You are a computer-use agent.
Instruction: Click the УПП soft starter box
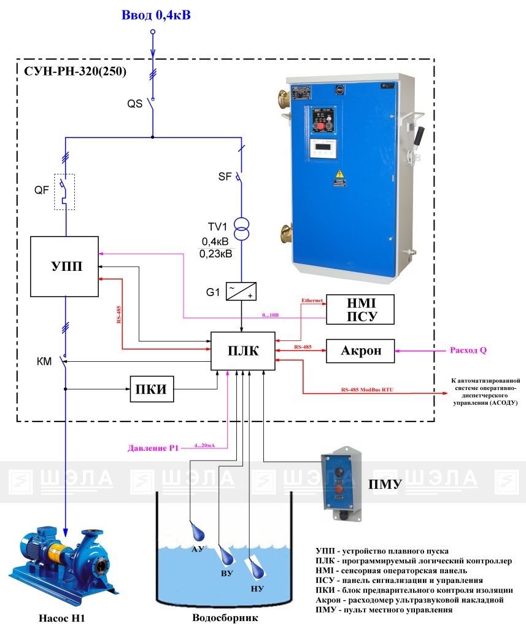coord(64,267)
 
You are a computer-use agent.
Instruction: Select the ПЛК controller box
coord(244,351)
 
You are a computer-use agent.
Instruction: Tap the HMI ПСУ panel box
coord(360,309)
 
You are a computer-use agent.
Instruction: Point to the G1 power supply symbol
coord(241,291)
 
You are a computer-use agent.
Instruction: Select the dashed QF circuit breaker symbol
coord(64,191)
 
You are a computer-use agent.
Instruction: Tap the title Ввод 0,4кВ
coord(156,14)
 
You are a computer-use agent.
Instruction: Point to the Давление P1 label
coord(153,447)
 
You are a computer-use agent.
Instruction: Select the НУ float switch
coord(258,571)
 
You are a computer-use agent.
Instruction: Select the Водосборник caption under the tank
coord(221,619)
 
